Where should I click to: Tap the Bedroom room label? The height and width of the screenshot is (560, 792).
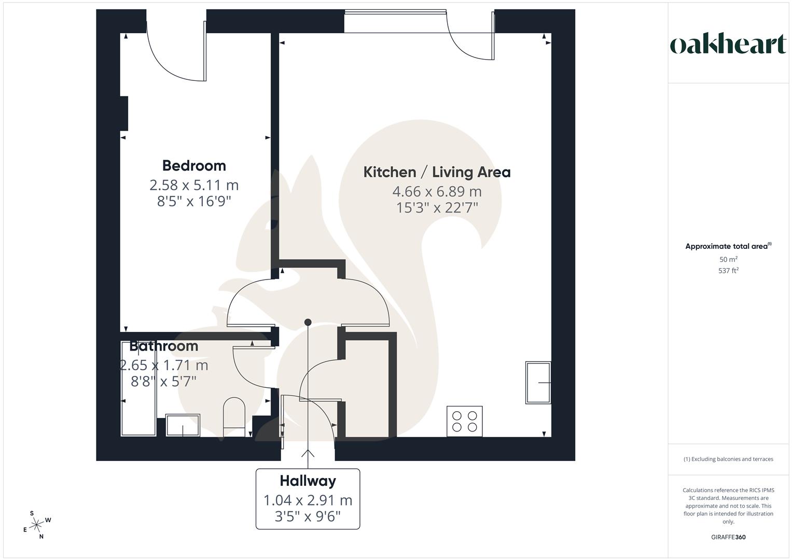[x=194, y=165]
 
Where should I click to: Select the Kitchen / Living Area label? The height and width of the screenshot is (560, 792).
[x=437, y=172]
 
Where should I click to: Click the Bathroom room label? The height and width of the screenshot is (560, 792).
[x=164, y=346]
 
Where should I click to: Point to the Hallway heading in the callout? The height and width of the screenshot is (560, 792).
[x=308, y=481]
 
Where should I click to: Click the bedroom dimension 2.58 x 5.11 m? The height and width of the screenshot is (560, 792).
[x=194, y=185]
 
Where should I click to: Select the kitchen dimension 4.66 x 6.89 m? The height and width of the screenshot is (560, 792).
[x=437, y=191]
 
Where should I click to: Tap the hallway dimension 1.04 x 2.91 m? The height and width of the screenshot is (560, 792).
[x=308, y=500]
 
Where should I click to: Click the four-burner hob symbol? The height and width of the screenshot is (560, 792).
[x=465, y=421]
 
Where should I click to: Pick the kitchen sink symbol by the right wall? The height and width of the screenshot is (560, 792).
[x=538, y=383]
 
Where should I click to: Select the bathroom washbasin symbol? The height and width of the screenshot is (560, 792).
[x=183, y=425]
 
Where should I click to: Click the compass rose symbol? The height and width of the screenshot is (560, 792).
[x=37, y=525]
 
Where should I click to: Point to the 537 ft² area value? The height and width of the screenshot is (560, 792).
[x=728, y=271]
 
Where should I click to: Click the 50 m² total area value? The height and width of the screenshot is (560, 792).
[x=728, y=259]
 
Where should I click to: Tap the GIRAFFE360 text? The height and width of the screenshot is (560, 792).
[x=728, y=537]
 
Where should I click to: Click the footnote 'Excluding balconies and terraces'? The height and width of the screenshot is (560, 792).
[x=728, y=459]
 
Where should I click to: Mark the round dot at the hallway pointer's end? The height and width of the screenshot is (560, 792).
[x=308, y=322]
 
